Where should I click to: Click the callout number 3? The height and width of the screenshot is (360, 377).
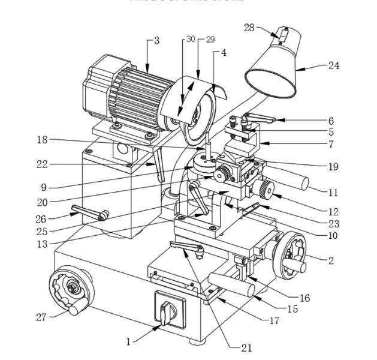[156, 41]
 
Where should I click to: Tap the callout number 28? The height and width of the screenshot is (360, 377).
[249, 27]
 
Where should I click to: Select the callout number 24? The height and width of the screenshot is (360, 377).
[334, 65]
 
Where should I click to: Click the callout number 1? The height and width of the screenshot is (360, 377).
[128, 341]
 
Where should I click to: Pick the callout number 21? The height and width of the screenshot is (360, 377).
[246, 347]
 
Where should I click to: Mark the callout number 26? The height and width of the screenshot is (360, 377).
[41, 218]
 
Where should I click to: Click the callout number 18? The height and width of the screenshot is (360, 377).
[41, 140]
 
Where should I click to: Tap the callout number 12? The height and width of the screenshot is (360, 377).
[334, 211]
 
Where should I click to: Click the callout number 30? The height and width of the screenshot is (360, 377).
[191, 39]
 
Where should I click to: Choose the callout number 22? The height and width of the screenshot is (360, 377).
[41, 164]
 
